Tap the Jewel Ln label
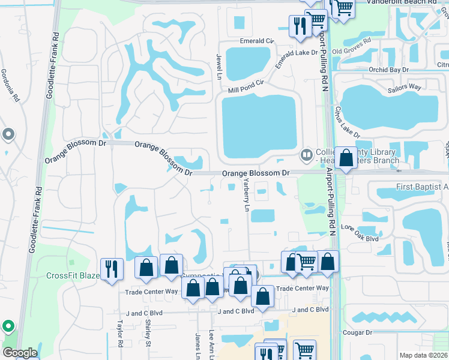point(219,67)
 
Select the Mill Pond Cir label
point(246,86)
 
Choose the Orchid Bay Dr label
point(388,70)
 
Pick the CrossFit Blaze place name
point(73,275)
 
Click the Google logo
point(20,353)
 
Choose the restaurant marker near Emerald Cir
point(299,26)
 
